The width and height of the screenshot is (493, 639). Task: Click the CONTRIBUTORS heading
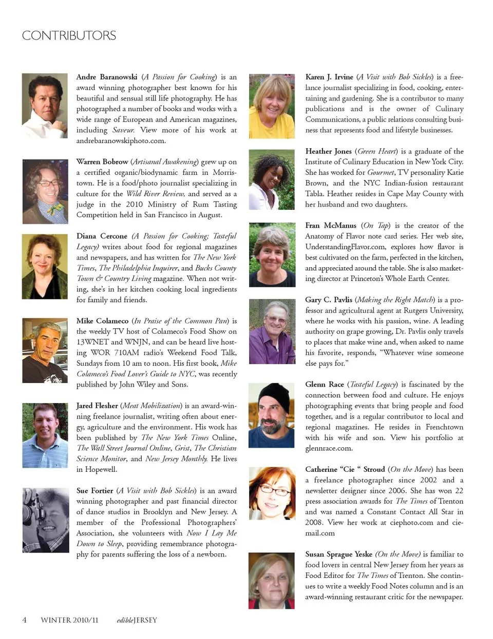pos(69,35)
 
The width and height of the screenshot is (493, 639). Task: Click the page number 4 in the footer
pos(24,620)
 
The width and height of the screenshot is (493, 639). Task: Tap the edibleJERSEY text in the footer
pos(137,620)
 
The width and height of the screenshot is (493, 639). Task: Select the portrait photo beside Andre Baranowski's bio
pos(45,98)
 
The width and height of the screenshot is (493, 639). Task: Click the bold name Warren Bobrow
pos(102,162)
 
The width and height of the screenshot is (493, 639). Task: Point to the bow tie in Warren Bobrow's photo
pos(56,208)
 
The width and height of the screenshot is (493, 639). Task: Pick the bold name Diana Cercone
pos(102,236)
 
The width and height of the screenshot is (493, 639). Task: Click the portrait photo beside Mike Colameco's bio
pos(45,351)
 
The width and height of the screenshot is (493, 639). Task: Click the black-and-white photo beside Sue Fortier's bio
pos(45,520)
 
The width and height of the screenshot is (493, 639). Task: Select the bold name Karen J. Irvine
pos(329,77)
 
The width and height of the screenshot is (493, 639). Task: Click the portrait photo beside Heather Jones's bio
pos(272,179)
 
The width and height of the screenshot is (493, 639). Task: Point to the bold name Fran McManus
pos(330,225)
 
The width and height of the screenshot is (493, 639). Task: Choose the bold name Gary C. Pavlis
pos(329,299)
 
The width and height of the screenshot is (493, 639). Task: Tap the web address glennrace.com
pos(329,448)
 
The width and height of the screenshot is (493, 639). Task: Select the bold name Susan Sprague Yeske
pos(338,554)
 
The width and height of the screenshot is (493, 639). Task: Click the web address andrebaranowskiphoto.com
pos(121,141)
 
